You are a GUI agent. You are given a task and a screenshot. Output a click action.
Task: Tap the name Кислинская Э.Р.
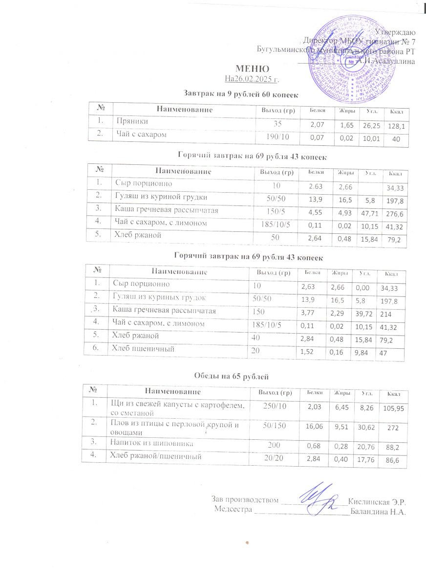click(379, 501)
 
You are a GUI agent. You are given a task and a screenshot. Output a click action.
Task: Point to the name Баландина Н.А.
click(379, 512)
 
